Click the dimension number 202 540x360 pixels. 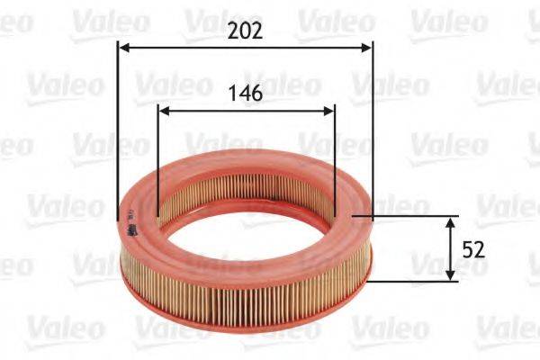click(245, 31)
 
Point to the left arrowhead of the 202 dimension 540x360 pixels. click(123, 48)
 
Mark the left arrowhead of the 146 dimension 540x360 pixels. click(163, 111)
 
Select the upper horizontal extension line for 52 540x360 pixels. click(414, 217)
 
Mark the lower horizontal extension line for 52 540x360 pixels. click(414, 280)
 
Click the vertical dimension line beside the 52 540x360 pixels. click(450, 248)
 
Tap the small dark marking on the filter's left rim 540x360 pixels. click(131, 230)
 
